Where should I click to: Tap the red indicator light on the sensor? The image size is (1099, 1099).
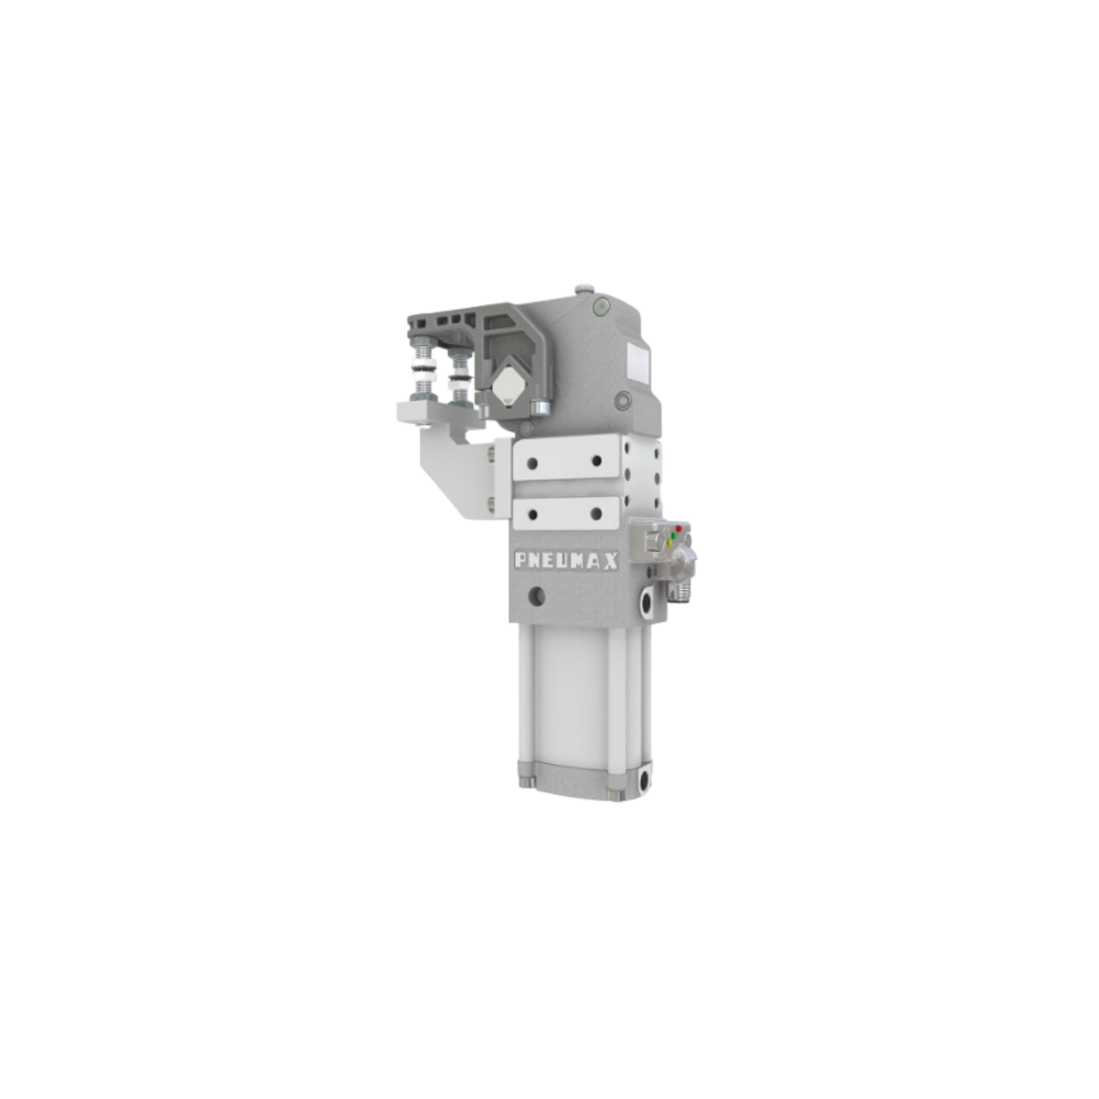coord(679,528)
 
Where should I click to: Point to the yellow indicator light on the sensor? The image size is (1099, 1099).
coord(669,543)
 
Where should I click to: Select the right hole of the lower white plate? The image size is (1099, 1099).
coord(595,513)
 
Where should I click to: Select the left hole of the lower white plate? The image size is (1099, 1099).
coord(534,513)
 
